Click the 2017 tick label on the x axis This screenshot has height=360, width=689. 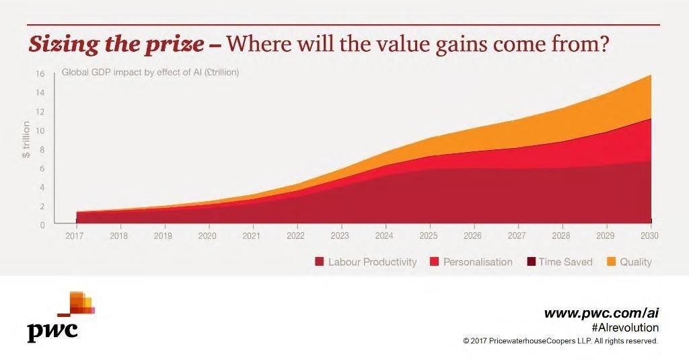tap(75, 236)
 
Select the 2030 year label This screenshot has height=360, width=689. tap(649, 236)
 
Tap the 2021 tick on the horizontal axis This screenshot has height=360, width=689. tap(252, 236)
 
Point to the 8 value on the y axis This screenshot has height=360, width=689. tap(42, 149)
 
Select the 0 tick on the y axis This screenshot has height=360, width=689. tap(42, 225)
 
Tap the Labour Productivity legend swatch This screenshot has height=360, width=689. tap(320, 262)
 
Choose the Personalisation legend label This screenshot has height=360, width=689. tap(477, 262)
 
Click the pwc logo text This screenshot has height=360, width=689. tap(52, 331)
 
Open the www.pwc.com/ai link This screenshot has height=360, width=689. tap(601, 313)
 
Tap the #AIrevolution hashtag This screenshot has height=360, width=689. tap(625, 328)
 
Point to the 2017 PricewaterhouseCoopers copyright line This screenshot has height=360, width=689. tap(560, 341)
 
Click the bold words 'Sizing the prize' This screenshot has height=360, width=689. tap(116, 44)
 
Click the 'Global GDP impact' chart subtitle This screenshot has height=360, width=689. tap(150, 73)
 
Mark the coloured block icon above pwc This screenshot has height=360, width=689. tap(79, 303)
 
